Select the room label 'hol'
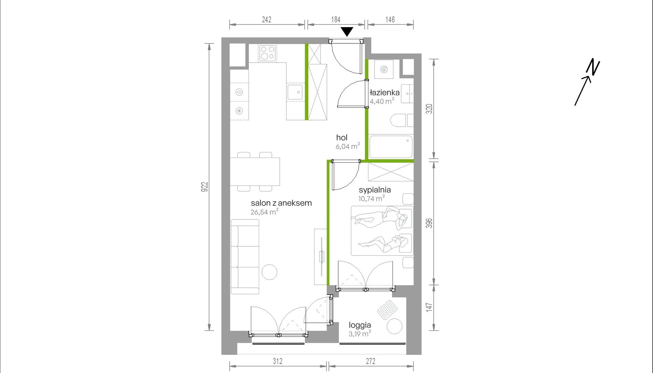342,138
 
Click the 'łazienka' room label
385,93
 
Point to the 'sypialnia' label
375,190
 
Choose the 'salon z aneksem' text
281,203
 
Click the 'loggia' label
360,325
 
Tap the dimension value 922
205,187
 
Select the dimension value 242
267,20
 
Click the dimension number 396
429,223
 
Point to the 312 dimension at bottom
278,361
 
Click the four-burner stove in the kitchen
268,53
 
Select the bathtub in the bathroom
391,147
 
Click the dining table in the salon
255,172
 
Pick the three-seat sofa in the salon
245,257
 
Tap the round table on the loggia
394,326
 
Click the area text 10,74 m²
372,199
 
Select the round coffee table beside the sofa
269,272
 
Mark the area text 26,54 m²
264,212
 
